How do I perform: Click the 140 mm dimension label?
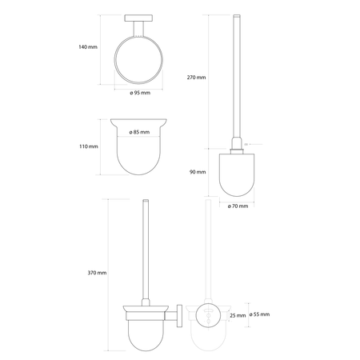[88, 47]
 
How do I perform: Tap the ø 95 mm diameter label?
[140, 93]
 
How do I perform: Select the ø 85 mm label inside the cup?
[139, 132]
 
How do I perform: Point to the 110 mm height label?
[89, 146]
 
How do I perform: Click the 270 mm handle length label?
[196, 78]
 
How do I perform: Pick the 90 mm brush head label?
[198, 172]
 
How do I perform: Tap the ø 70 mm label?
[238, 206]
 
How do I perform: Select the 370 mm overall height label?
[97, 273]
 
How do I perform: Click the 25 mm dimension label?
[238, 316]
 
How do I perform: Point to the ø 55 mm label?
[259, 314]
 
